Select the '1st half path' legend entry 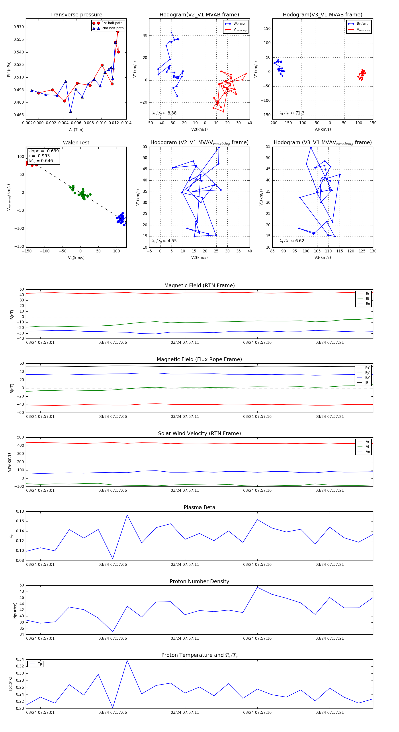(x=112, y=23)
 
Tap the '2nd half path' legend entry (x=112, y=28)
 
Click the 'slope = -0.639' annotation (x=43, y=151)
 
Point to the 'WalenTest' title (x=76, y=143)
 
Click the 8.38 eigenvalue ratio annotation (x=164, y=113)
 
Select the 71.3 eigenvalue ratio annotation (x=292, y=113)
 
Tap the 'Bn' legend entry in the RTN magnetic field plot (x=368, y=304)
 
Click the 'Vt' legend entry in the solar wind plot (x=368, y=447)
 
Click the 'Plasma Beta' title (x=199, y=507)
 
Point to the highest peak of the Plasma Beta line (x=127, y=515)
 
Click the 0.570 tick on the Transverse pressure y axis (x=19, y=27)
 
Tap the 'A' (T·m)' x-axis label (x=76, y=130)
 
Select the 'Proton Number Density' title (x=199, y=581)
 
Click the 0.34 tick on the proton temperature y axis (x=20, y=659)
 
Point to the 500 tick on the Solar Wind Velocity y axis (x=20, y=437)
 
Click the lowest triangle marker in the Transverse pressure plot (x=70, y=111)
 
